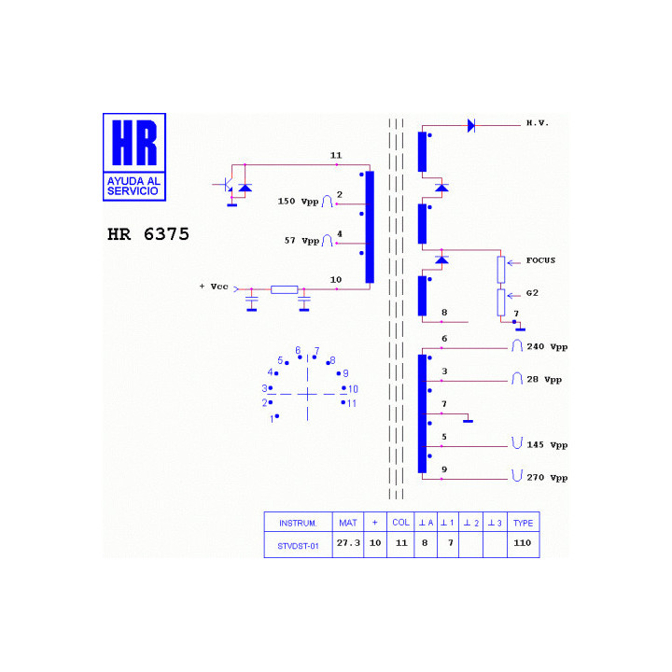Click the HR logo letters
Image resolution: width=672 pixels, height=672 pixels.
tap(134, 143)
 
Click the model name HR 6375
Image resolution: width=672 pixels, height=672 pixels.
tap(148, 234)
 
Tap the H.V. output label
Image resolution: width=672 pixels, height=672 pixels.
tap(538, 123)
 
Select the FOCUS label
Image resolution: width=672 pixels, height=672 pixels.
tap(540, 260)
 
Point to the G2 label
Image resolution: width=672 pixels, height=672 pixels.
tap(532, 293)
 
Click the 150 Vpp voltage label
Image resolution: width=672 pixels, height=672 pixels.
tap(299, 202)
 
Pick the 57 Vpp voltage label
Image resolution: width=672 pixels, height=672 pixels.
tap(301, 241)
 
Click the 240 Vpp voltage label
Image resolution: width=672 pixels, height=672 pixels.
tap(547, 346)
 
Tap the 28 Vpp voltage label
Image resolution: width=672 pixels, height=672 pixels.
tap(544, 380)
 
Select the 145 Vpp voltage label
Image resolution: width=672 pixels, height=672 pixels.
tap(547, 445)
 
